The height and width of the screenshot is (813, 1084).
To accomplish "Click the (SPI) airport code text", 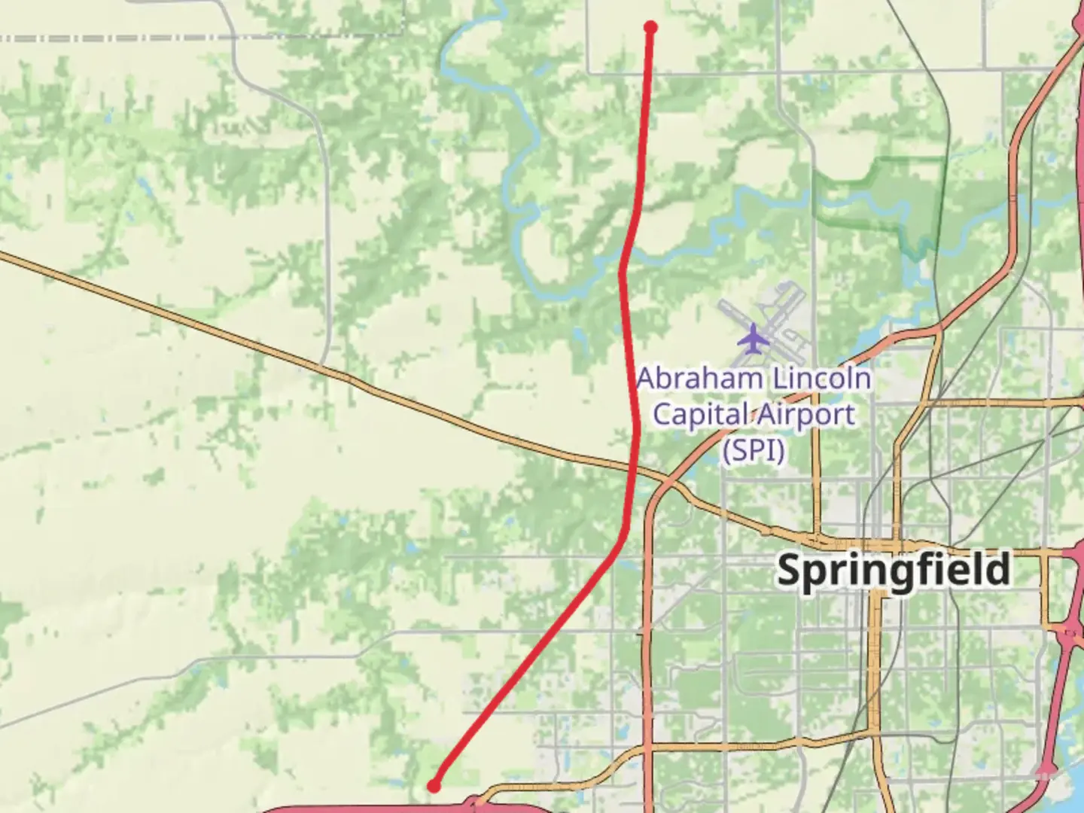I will click(754, 450).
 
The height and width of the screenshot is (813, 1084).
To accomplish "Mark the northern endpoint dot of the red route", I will click(650, 28).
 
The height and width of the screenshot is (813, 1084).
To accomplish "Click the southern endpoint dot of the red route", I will click(434, 786).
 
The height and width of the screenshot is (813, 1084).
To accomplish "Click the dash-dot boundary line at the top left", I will click(113, 37).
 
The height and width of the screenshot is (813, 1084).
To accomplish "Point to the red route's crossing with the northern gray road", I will click(648, 73).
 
